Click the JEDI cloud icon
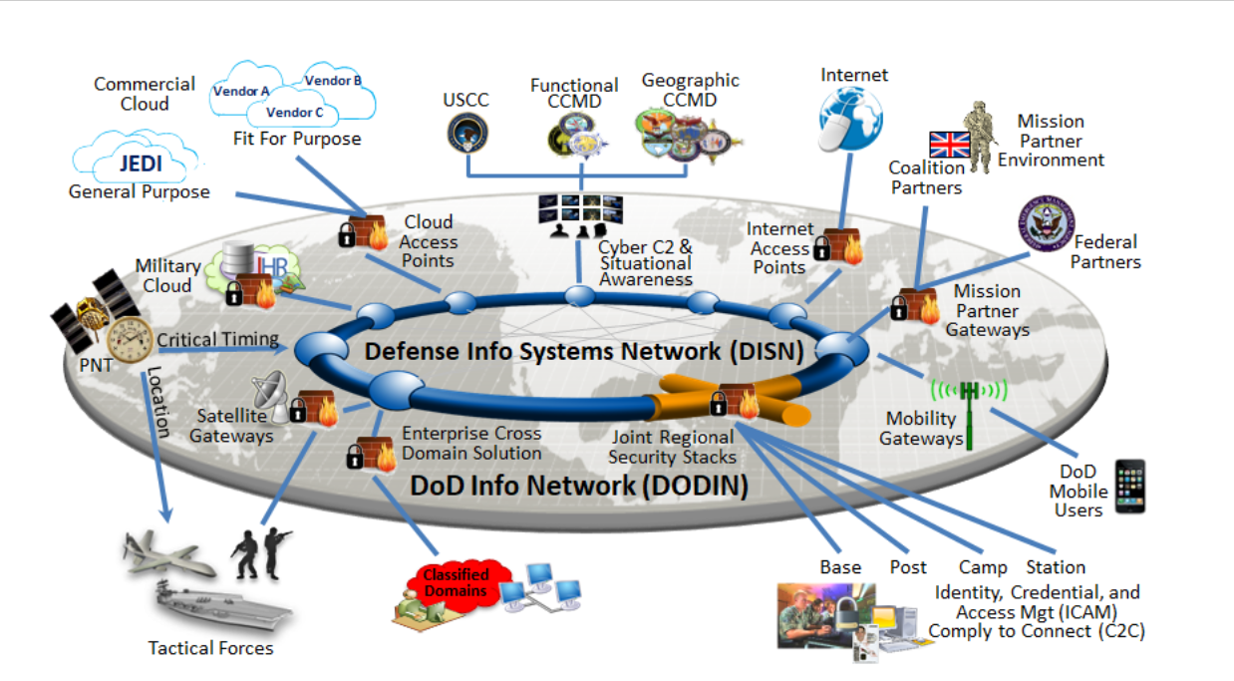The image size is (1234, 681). pos(135,161)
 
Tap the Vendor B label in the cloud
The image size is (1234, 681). pos(333,81)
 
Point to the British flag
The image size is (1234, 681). pos(949,145)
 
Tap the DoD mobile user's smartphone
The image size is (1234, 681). pos(1129,486)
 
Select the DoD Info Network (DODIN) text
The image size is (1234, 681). pos(579,486)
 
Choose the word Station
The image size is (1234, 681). pos(1055,567)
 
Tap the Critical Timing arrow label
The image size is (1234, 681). pos(217,339)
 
